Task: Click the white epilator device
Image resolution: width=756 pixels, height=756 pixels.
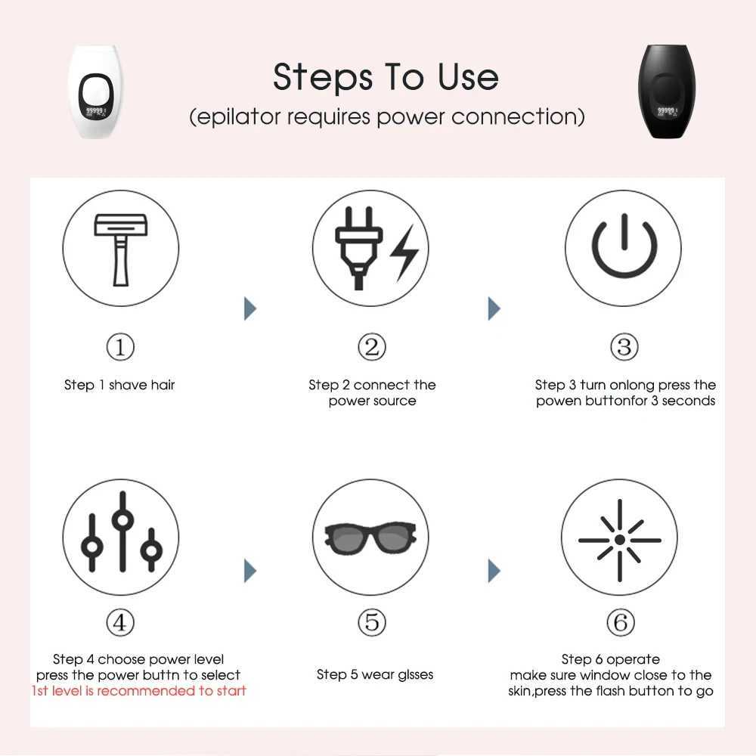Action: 95,91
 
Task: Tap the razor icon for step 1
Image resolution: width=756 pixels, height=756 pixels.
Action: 120,248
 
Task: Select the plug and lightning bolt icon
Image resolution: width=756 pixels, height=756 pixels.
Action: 370,248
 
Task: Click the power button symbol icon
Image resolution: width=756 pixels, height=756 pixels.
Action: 623,248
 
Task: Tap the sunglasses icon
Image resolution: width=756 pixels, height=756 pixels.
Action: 370,537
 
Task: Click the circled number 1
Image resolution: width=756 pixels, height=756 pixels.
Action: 119,348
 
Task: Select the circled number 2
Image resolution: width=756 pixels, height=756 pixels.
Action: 371,348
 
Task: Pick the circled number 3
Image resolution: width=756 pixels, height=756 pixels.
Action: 624,348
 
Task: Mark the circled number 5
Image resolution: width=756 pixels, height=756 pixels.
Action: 371,623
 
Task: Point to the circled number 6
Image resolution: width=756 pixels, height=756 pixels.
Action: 621,623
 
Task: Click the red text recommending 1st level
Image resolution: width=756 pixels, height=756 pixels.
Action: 139,691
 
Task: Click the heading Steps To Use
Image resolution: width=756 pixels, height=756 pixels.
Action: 386,78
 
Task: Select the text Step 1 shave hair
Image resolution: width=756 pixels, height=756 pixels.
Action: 119,386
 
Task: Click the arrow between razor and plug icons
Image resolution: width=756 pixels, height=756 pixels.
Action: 250,308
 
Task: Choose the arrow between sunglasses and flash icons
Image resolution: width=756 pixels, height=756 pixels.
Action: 494,571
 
